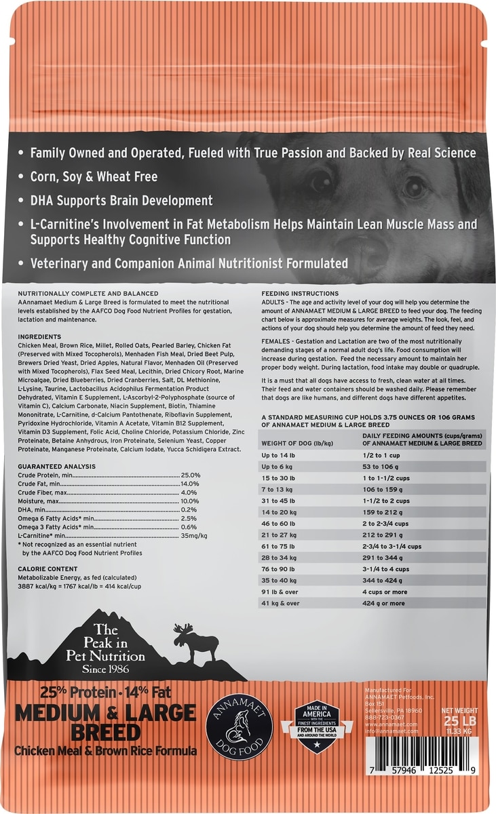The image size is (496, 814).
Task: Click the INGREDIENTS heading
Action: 40,336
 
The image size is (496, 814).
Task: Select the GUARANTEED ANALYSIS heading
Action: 57,467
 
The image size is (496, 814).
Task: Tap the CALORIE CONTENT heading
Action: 48,568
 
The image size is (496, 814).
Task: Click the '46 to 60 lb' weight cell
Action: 282,523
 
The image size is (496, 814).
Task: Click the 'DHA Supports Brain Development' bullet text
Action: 121,201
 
